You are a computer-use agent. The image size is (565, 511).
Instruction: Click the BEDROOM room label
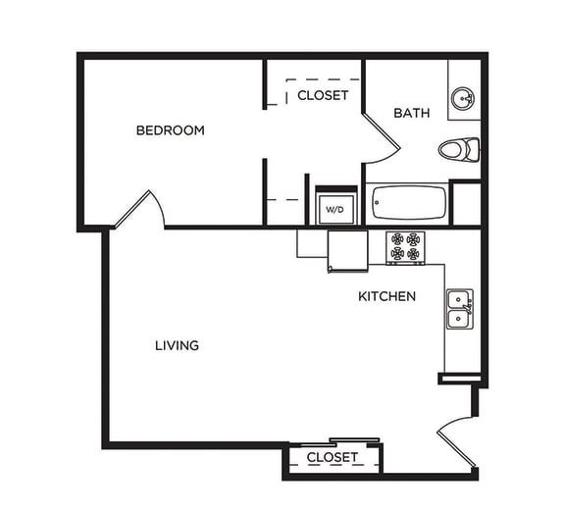click(170, 130)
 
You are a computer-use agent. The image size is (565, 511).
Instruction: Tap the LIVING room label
click(177, 345)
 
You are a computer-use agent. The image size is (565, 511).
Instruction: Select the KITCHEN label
click(386, 296)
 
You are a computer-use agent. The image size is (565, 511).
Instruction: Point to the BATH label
click(411, 113)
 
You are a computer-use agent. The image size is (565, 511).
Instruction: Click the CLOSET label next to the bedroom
click(323, 95)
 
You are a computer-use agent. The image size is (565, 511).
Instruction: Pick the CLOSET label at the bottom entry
click(332, 458)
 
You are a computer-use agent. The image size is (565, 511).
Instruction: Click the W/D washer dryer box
click(334, 209)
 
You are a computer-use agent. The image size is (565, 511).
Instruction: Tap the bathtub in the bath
click(409, 204)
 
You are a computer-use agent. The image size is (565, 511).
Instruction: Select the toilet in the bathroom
click(459, 150)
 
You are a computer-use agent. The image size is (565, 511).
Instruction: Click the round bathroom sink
click(463, 98)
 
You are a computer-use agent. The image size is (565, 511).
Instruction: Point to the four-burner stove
click(405, 246)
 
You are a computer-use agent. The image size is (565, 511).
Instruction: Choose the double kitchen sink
click(459, 309)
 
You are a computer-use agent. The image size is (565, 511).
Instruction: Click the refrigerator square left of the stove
click(313, 242)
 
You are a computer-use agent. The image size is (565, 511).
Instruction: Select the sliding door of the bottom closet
click(353, 440)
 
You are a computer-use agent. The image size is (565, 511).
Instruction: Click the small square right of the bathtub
click(466, 204)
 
